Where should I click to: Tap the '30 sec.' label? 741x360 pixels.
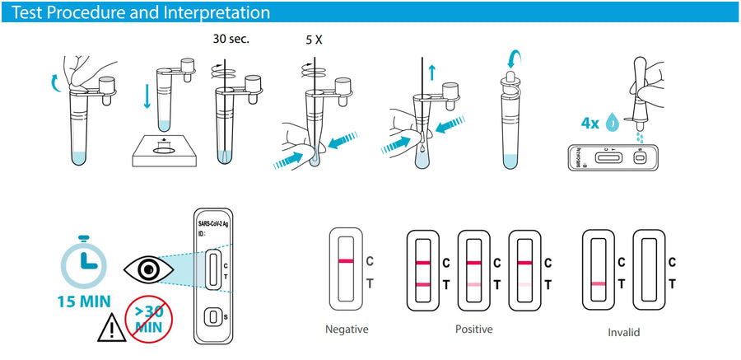tap(230, 39)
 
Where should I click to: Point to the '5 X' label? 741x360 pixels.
tap(314, 39)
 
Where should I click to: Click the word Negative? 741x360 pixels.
tap(347, 330)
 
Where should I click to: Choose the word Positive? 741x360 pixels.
tap(473, 330)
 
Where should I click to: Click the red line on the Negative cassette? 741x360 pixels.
tap(346, 262)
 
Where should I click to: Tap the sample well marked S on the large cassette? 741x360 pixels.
tap(212, 316)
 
